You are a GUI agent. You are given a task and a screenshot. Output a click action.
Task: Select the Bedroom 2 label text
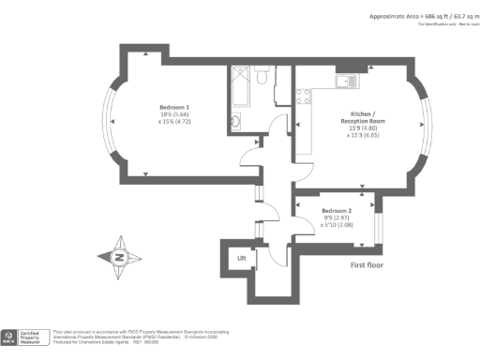[337, 211]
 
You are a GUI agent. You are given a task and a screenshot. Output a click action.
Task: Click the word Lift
[242, 257]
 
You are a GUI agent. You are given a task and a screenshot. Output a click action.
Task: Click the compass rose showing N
[120, 255]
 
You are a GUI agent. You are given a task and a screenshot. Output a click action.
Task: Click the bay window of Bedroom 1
[111, 123]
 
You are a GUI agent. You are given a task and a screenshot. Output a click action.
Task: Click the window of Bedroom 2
[379, 225]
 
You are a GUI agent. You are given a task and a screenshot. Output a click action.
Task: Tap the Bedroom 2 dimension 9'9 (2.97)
[337, 217]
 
